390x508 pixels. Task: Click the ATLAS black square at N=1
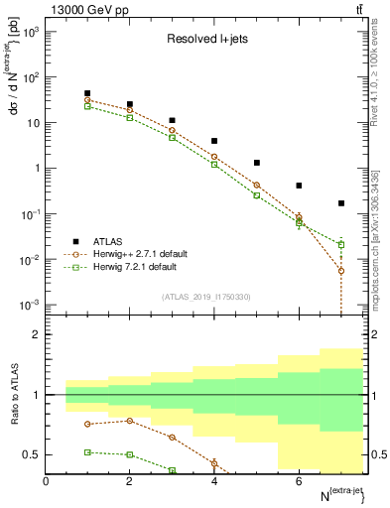coord(87,93)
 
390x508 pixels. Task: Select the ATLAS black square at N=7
coord(340,203)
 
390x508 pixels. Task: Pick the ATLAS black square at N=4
coord(214,141)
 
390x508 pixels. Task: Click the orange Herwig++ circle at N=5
coord(256,186)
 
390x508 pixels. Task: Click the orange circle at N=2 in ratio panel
coord(130,421)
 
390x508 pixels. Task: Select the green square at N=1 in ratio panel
coord(87,451)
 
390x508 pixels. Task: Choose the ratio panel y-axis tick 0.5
coord(32,455)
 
